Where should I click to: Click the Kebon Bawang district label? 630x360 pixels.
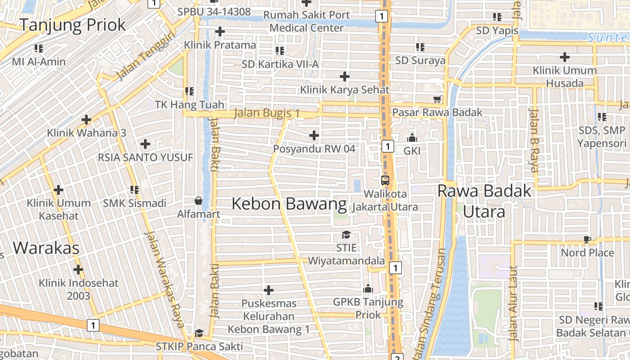[289, 204]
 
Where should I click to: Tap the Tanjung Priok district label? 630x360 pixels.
[72, 25]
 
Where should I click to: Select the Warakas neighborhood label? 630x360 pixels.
[46, 247]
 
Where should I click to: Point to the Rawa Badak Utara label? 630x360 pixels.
[484, 201]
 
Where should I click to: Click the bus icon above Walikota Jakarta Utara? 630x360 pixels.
[385, 180]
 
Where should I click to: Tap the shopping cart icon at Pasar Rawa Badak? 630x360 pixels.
[436, 99]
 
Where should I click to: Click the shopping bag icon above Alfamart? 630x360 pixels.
[198, 200]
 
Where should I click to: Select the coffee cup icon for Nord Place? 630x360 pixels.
[587, 239]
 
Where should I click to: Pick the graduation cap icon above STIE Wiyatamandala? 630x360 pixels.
[346, 234]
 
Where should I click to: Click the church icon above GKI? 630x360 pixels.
[412, 138]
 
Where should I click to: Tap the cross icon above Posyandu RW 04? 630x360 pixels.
[314, 135]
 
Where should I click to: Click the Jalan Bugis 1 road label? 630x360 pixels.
[267, 113]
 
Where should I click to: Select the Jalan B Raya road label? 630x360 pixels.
[534, 140]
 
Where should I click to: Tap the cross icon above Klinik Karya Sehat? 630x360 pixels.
[345, 76]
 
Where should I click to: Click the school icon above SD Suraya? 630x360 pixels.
[420, 47]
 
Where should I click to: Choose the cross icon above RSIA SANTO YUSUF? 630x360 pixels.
[145, 144]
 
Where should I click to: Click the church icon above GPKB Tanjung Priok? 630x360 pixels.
[368, 288]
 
